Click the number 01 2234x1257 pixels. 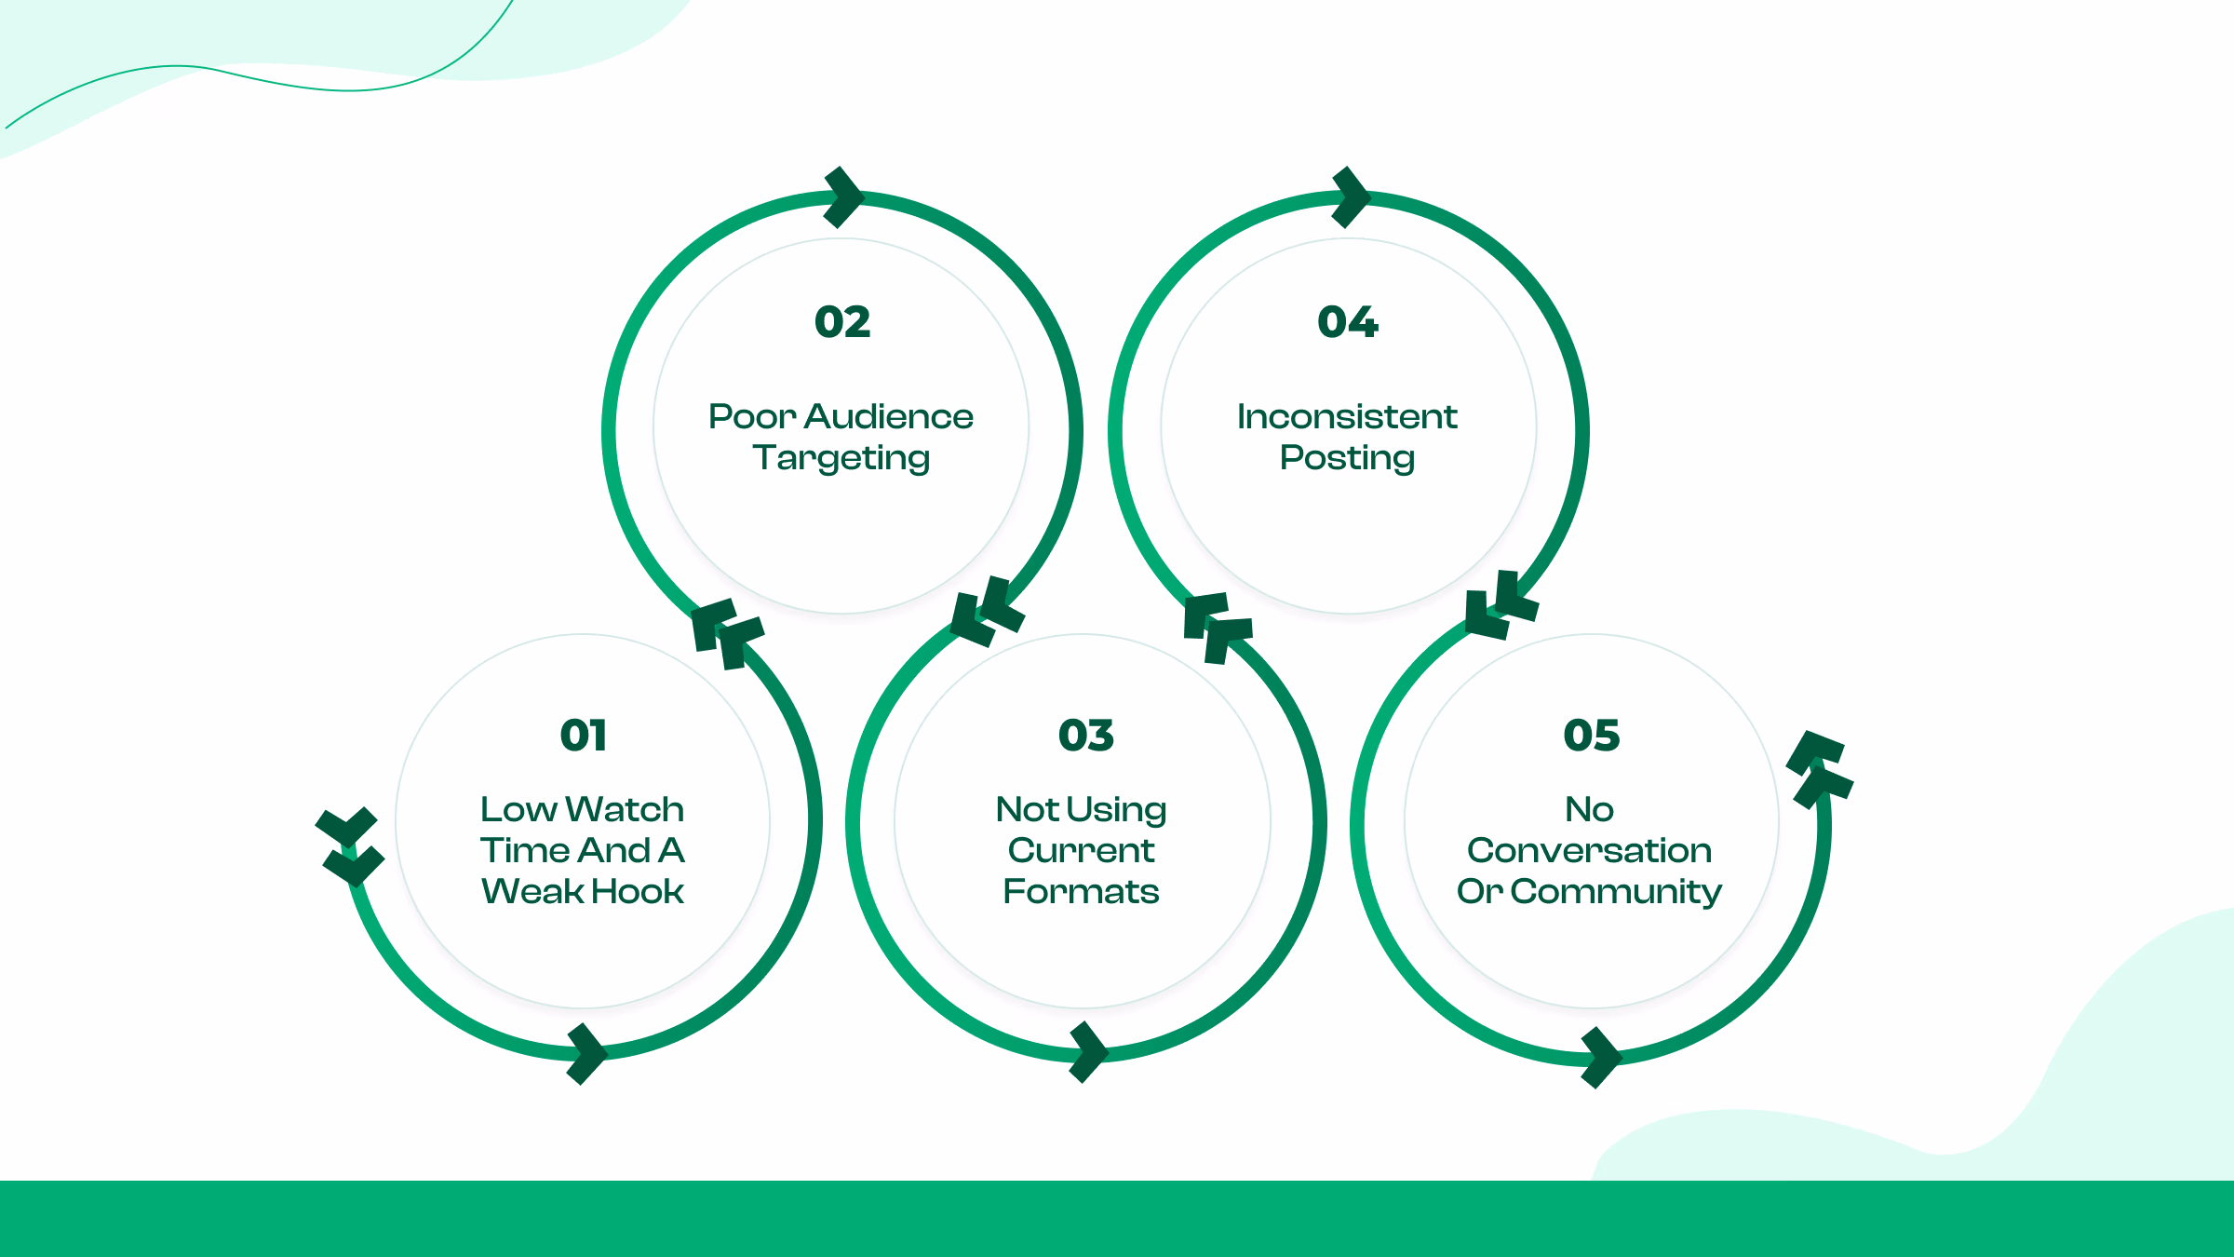584,736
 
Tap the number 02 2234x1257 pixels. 842,322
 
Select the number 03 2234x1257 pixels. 1085,736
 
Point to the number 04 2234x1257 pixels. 1347,322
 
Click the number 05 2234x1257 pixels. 1591,736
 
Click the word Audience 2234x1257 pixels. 889,416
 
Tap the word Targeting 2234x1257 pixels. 841,458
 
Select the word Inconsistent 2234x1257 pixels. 1347,416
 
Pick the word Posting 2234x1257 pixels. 1347,458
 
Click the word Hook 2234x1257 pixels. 639,891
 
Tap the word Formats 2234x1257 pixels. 1081,891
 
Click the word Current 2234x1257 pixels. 1081,850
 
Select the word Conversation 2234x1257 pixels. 1589,850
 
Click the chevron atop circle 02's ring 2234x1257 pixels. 845,196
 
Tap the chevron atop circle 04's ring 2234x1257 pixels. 1352,196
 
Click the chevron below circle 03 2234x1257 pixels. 1089,1052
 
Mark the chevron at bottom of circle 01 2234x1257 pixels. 587,1054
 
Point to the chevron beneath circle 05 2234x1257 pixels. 1602,1058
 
